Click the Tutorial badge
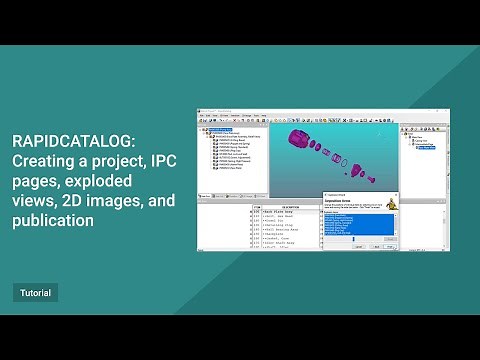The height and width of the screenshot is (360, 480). pyautogui.click(x=35, y=293)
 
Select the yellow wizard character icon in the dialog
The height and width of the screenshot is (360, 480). pyautogui.click(x=389, y=203)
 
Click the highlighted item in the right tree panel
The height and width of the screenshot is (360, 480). pyautogui.click(x=426, y=147)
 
